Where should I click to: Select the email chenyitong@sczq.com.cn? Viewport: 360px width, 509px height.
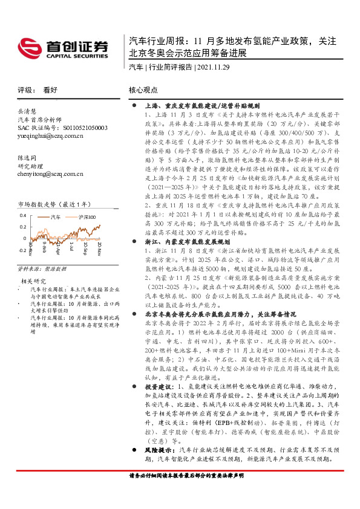pyautogui.click(x=50, y=173)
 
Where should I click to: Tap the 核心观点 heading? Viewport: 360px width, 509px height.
pyautogui.click(x=143, y=90)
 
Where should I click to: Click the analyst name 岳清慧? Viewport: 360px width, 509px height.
pyautogui.click(x=27, y=112)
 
